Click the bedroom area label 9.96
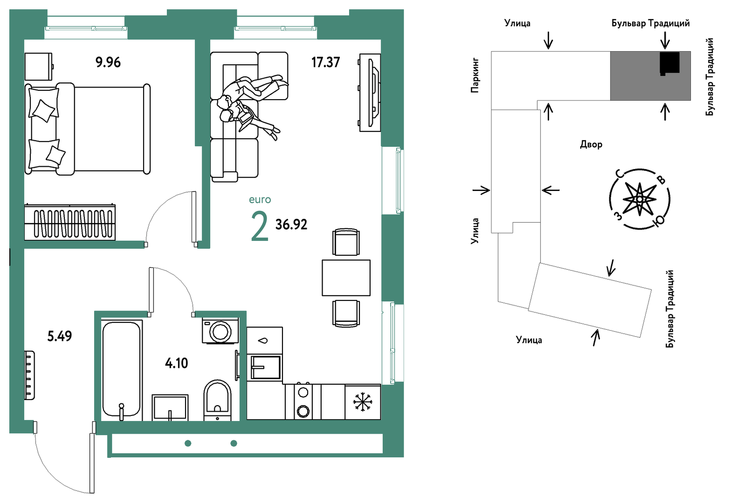pos(108,62)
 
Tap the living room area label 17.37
pos(325,62)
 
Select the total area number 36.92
pos(291,224)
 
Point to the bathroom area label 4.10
pos(177,363)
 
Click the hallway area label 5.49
pos(60,336)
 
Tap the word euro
pos(260,199)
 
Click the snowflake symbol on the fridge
pos(363,401)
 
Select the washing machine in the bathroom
pos(220,331)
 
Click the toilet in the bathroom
pos(217,400)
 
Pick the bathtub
pos(122,370)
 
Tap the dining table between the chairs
pos(346,278)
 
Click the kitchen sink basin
pos(265,367)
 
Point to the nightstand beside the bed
pos(39,67)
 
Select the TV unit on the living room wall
pos(370,93)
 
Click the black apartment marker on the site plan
pos(669,63)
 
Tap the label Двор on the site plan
pos(591,144)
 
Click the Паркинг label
pos(475,75)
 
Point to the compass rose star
pos(640,199)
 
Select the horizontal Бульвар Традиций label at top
pos(650,23)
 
